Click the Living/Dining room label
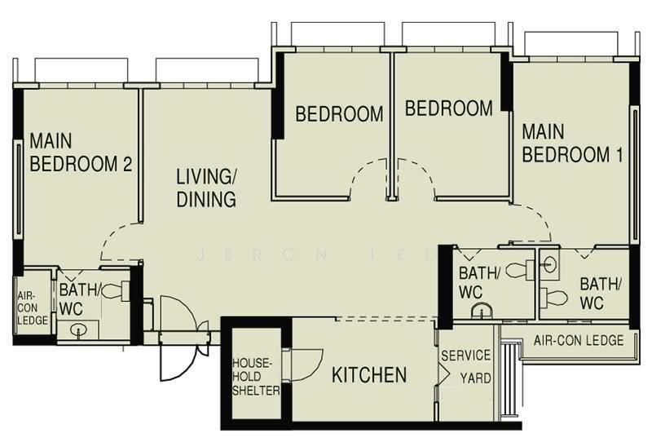click(206, 188)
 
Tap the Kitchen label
click(369, 375)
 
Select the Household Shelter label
click(256, 377)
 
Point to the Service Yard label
click(466, 367)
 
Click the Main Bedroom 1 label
click(573, 144)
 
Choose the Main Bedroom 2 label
click(81, 152)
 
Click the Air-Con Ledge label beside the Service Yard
click(579, 340)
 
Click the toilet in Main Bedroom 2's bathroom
click(115, 290)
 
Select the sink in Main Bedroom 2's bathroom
click(78, 330)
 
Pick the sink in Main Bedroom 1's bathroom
click(549, 264)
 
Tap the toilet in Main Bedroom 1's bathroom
click(553, 298)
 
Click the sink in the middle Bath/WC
click(482, 311)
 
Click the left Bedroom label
click(339, 114)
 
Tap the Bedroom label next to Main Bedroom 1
click(449, 108)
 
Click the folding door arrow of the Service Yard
click(443, 374)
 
